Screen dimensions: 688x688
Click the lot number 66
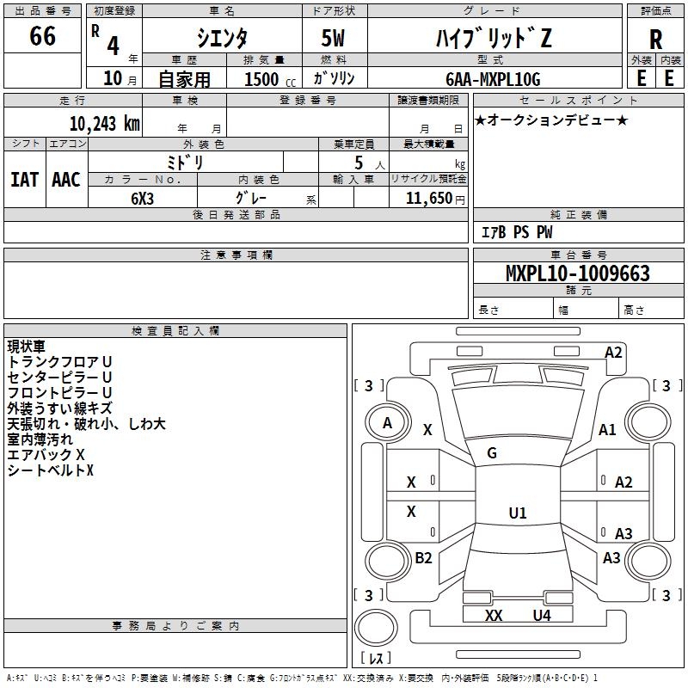tap(42, 35)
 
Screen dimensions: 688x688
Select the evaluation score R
tap(655, 40)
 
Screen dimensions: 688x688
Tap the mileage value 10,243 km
tap(104, 124)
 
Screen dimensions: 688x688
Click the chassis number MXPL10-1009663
tap(577, 273)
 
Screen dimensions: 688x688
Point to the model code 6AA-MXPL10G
tap(493, 79)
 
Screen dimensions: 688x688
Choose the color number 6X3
tap(142, 199)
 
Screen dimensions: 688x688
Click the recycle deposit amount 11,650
tap(428, 199)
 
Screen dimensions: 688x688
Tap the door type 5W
tap(333, 38)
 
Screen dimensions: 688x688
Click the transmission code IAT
tap(25, 180)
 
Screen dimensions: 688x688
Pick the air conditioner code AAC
tap(66, 180)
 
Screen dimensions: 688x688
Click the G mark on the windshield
tap(492, 453)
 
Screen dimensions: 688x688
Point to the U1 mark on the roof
tap(518, 513)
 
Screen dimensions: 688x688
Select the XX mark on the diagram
tap(493, 616)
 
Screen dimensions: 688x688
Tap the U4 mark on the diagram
tap(542, 616)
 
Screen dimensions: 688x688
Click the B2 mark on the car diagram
tap(423, 557)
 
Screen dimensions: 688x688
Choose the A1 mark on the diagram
tap(607, 430)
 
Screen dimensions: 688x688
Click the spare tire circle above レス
tap(376, 628)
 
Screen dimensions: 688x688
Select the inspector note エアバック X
tap(46, 455)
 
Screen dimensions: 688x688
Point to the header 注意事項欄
tap(236, 255)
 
